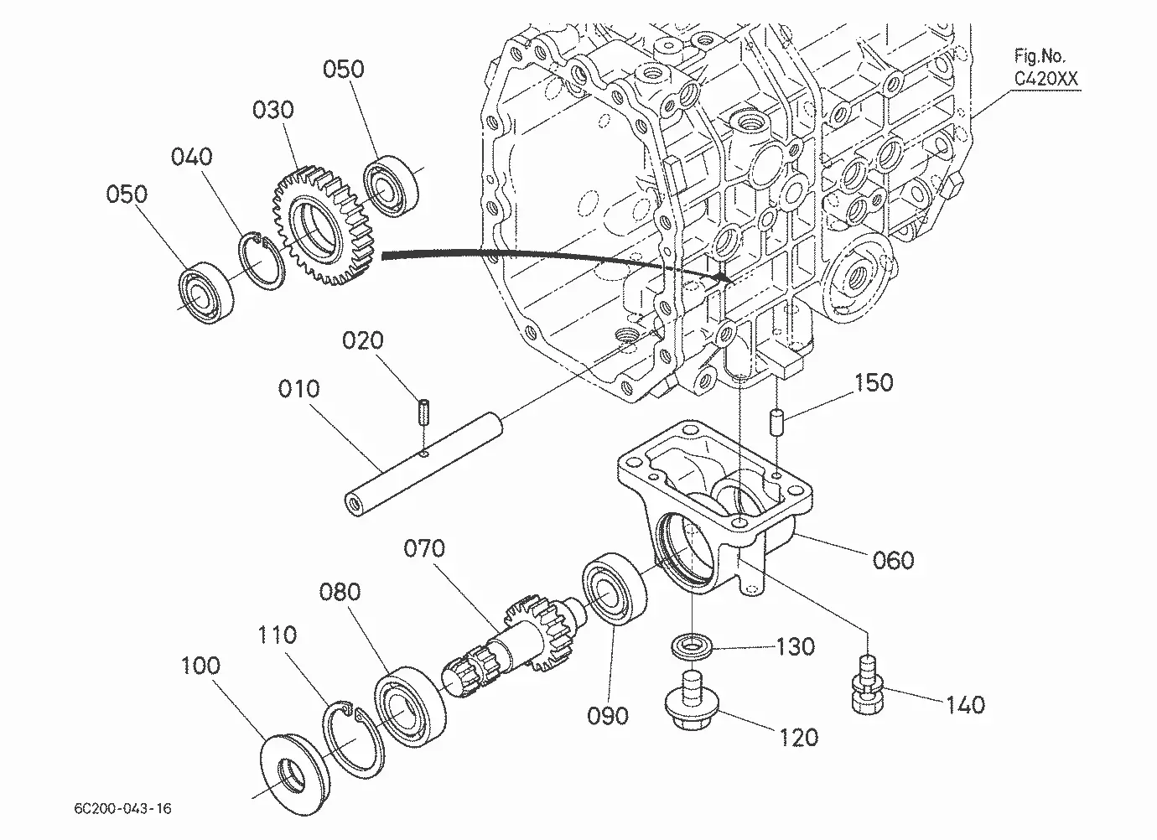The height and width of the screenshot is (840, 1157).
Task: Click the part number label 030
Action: tap(272, 110)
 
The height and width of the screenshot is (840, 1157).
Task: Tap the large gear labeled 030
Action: tap(323, 226)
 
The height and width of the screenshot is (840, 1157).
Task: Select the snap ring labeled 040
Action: tap(262, 261)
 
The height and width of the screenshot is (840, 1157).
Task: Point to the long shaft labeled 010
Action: tap(423, 464)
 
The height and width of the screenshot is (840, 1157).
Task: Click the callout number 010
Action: tap(298, 388)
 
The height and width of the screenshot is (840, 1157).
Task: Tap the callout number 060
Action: tap(893, 560)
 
